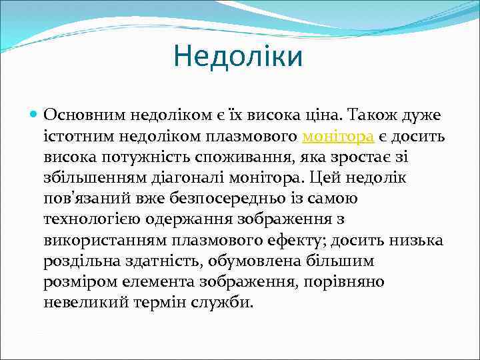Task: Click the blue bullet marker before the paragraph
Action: point(34,115)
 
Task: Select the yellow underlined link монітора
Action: point(337,137)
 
